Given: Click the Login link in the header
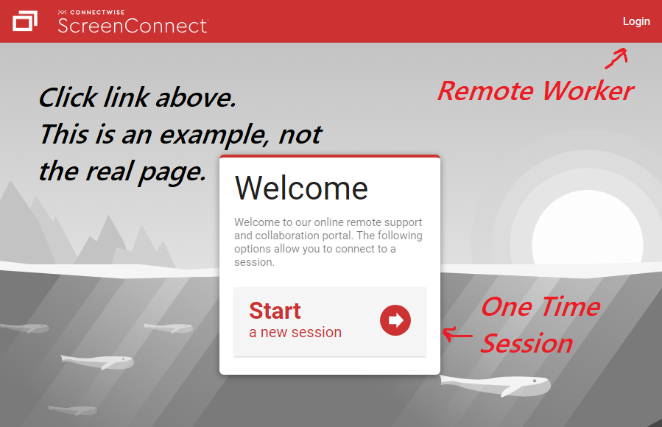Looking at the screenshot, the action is (636, 21).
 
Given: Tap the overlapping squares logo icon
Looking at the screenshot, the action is (25, 21).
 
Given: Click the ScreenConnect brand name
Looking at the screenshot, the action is (133, 26).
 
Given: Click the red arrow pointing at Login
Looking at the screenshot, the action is (616, 58).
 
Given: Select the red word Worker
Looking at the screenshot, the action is (588, 91).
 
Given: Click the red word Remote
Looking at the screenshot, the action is (485, 91).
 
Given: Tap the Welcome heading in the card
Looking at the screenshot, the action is (301, 188).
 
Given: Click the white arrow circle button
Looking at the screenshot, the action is (395, 320).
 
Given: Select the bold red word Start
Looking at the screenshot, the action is (275, 311).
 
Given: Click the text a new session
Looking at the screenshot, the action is (295, 333).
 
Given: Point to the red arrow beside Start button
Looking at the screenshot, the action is (457, 334).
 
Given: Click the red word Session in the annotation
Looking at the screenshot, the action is (527, 343).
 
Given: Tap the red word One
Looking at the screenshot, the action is (506, 306).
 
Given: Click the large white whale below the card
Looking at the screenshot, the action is (496, 385).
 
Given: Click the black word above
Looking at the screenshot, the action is (195, 97).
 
